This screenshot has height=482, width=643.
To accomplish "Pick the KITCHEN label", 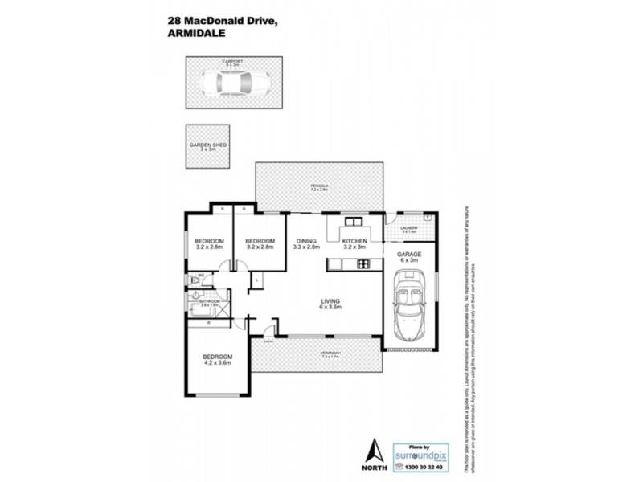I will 354,241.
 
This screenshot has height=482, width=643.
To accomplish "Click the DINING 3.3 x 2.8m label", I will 306,244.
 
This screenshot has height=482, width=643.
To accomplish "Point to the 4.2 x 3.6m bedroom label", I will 217,360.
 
